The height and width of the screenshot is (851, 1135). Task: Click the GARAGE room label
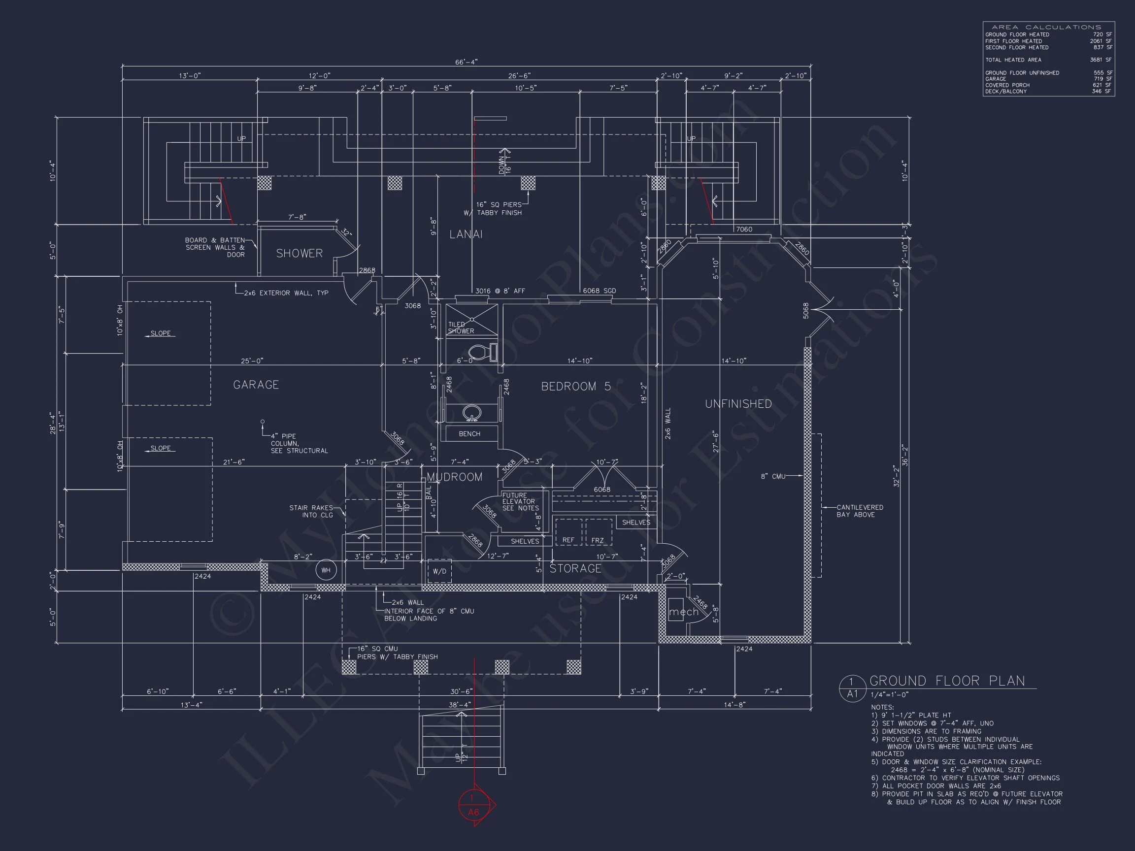tap(256, 385)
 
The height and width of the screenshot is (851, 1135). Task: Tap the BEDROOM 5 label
tap(576, 387)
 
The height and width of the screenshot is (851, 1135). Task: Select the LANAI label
tap(466, 234)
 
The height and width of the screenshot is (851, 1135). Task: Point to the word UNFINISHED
tap(738, 404)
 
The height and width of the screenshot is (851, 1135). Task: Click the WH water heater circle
tap(326, 570)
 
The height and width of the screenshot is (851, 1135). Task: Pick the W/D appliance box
tap(439, 571)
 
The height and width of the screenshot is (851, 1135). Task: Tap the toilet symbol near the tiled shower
tap(483, 352)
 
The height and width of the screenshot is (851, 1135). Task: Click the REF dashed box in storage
tap(568, 532)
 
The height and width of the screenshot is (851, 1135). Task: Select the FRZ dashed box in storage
tap(598, 532)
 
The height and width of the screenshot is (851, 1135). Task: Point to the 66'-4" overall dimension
tap(466, 62)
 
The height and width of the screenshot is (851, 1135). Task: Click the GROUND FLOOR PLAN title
tap(947, 681)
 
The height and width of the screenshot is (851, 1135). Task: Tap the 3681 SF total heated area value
tap(1101, 60)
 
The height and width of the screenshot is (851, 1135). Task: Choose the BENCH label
tap(469, 433)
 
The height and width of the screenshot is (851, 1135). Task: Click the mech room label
tap(683, 612)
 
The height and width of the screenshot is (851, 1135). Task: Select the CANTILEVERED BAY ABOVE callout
tap(860, 511)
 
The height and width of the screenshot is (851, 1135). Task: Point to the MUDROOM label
tap(455, 477)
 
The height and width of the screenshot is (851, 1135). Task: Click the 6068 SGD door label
tap(599, 291)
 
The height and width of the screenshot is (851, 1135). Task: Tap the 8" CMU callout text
tap(773, 477)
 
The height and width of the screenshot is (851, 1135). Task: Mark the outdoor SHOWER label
tap(299, 254)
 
